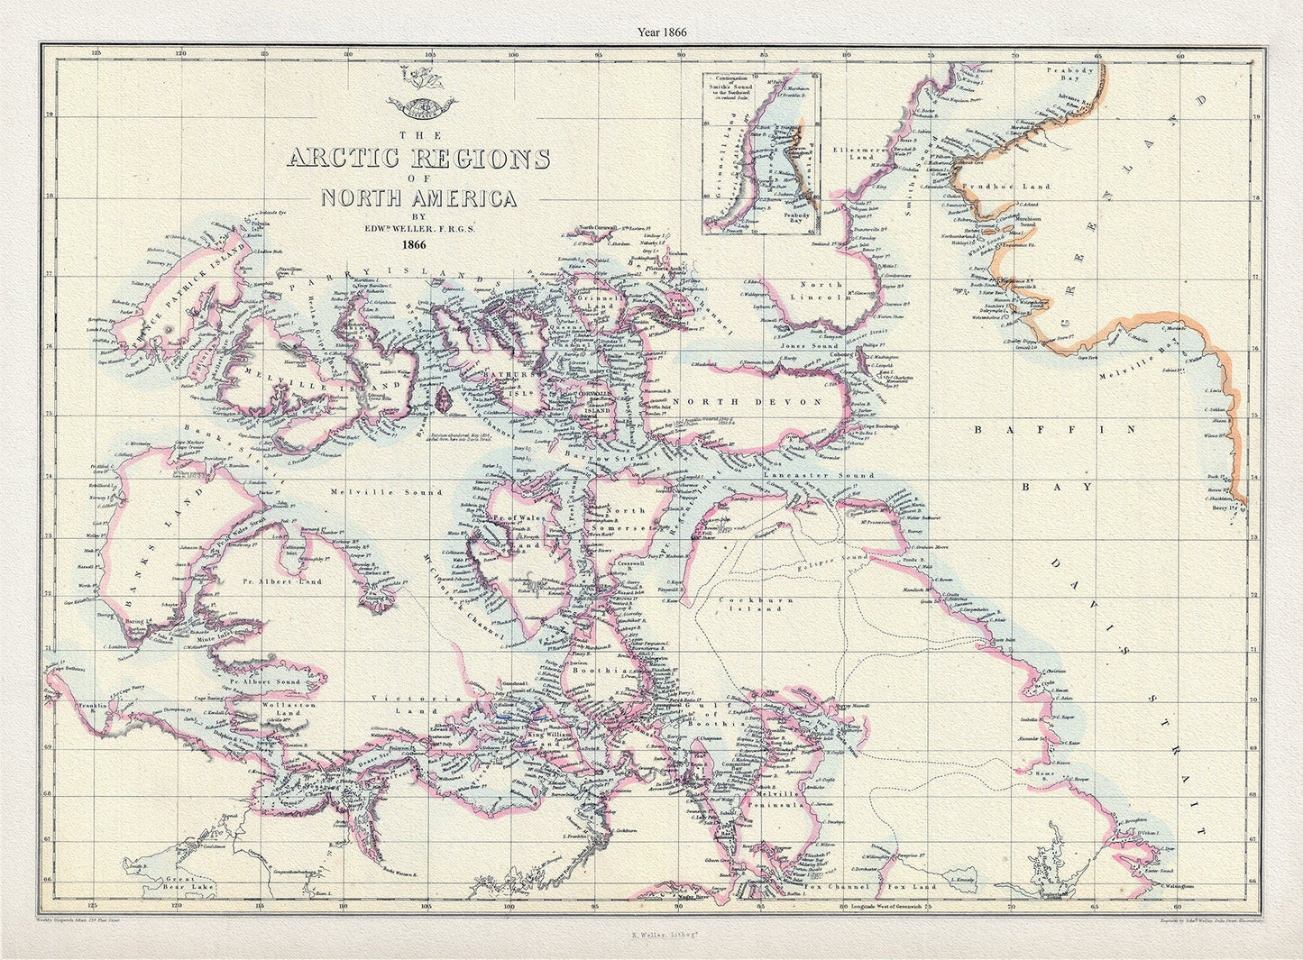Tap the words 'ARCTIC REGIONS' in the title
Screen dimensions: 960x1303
[417, 159]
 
